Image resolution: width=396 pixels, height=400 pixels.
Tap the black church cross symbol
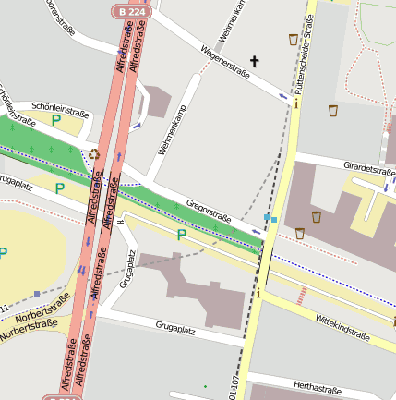[255, 61]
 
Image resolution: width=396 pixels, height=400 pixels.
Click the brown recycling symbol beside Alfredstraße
[94, 154]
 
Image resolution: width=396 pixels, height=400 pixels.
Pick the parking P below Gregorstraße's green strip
[181, 235]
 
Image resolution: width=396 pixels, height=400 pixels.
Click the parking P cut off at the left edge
[4, 252]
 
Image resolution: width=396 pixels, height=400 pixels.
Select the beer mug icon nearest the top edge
[294, 40]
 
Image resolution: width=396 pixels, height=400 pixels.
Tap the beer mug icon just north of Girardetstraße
[332, 111]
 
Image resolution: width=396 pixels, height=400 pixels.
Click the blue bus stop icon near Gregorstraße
[269, 218]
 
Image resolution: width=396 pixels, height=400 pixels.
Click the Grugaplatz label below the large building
[178, 327]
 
